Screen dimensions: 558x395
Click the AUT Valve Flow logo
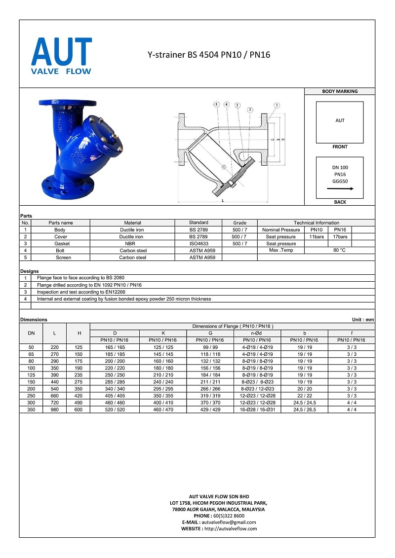[x=61, y=56]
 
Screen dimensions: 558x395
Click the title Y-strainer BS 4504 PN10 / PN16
[x=209, y=55]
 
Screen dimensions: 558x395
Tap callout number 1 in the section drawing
[x=277, y=105]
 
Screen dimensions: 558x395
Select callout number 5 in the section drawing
[x=216, y=105]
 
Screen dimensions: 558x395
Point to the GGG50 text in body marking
[x=340, y=181]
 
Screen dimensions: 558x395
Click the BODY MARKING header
[x=340, y=91]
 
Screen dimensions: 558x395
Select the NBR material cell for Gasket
[x=130, y=244]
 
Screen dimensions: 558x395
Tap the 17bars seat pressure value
[x=340, y=237]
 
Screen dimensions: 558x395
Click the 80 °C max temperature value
[x=340, y=250]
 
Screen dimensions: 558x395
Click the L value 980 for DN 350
[x=55, y=409]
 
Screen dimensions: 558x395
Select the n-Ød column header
[x=257, y=333]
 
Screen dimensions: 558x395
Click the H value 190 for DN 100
[x=79, y=368]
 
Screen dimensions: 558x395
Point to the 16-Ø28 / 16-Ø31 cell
[x=257, y=409]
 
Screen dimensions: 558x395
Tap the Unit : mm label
[x=362, y=320]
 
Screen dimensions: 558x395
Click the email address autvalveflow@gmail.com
[x=228, y=522]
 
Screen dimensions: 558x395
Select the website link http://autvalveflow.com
[x=231, y=528]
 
